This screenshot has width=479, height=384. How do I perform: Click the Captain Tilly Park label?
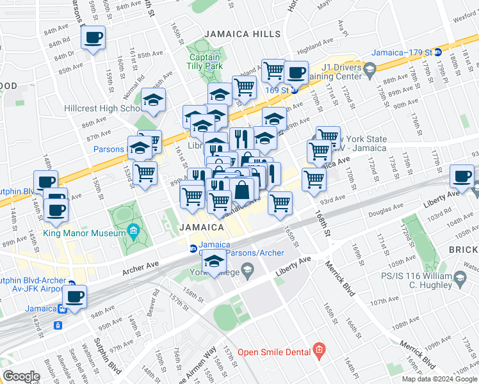pyautogui.click(x=204, y=60)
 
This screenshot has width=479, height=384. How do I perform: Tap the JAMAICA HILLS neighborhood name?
pyautogui.click(x=242, y=34)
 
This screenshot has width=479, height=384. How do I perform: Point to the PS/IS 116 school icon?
pyautogui.click(x=459, y=276)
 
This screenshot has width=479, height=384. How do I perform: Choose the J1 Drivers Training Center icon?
pyautogui.click(x=369, y=69)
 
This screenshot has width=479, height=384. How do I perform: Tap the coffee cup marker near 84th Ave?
pyautogui.click(x=93, y=38)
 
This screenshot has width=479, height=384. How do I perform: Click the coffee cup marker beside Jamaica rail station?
pyautogui.click(x=75, y=297)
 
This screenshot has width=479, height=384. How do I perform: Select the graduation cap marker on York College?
pyautogui.click(x=215, y=260)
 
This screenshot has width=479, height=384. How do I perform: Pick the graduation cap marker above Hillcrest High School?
pyautogui.click(x=154, y=100)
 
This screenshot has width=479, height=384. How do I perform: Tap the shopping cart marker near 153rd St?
pyautogui.click(x=145, y=173)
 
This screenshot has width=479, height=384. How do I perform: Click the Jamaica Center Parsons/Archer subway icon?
pyautogui.click(x=192, y=249)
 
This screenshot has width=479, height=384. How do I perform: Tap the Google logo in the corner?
pyautogui.click(x=21, y=376)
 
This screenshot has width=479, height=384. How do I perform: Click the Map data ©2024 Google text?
pyautogui.click(x=438, y=379)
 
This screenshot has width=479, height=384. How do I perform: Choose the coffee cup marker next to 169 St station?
pyautogui.click(x=295, y=72)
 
